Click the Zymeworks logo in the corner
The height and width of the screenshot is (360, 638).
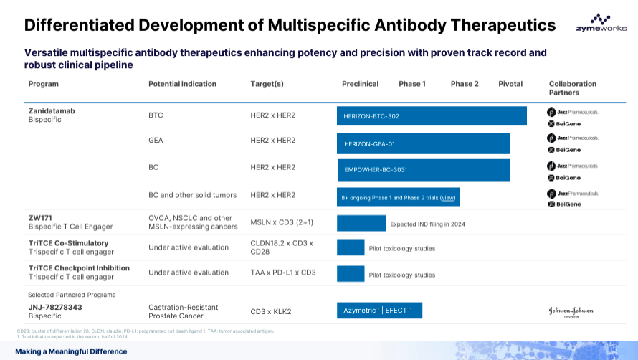[600, 23]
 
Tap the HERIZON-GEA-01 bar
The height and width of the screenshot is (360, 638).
[423, 143]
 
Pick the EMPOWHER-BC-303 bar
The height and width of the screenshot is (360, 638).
[424, 170]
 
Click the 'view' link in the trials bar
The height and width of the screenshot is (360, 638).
[448, 197]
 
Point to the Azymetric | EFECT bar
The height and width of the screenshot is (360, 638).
[379, 311]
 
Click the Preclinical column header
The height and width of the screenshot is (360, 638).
[360, 84]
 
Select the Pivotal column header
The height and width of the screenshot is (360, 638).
[510, 84]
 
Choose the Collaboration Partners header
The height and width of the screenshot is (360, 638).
[572, 88]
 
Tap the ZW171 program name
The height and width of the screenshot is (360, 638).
[40, 217]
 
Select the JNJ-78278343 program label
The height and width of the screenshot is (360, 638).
[54, 306]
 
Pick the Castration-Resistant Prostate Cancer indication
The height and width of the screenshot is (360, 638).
[184, 311]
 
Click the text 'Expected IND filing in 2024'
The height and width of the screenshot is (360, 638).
[427, 224]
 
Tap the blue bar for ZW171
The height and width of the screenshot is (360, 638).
[361, 223]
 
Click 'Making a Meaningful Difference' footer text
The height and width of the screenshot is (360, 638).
[71, 351]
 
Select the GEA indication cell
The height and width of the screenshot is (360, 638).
[156, 140]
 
